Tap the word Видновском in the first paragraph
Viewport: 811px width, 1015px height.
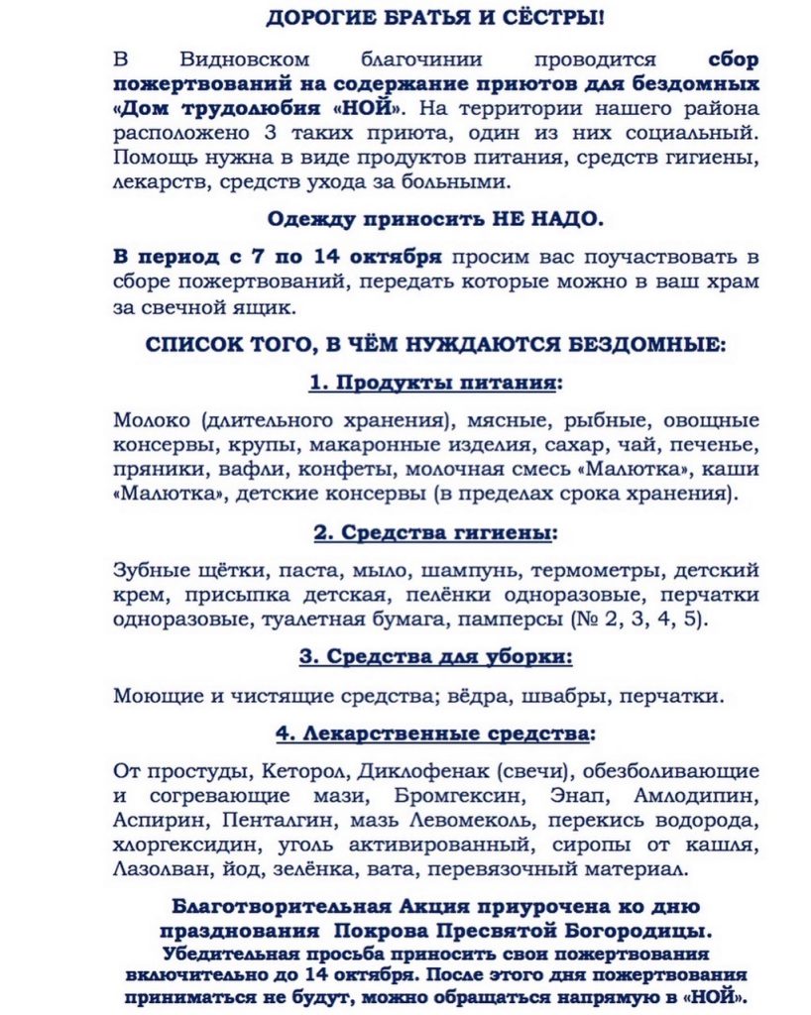coord(237,57)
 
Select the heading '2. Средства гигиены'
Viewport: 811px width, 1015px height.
coord(435,533)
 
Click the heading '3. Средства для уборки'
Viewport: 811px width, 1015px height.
coord(435,658)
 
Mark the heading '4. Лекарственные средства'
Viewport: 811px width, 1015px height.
coord(435,734)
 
